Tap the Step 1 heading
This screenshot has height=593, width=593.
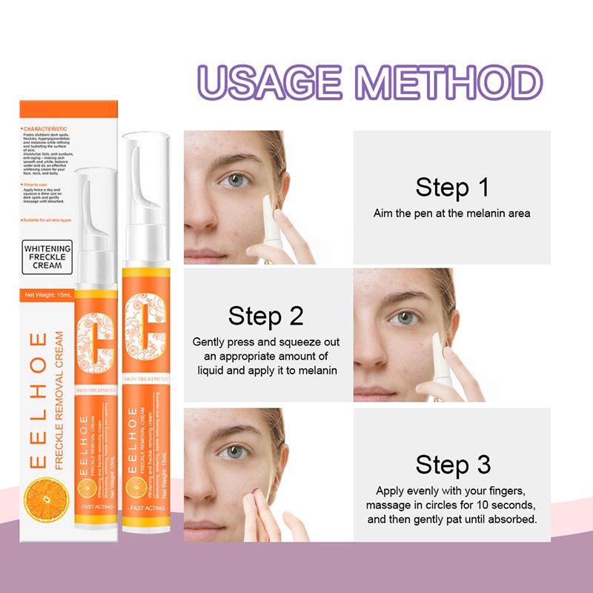coord(452,187)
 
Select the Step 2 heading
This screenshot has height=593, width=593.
coord(265,316)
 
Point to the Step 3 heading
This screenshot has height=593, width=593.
coord(453,465)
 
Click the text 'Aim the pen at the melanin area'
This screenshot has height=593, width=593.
coord(451,213)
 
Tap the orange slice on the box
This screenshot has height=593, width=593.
coord(47,500)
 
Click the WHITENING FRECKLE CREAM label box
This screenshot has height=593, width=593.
coord(47,256)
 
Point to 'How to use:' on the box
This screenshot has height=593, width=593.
coord(37,184)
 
